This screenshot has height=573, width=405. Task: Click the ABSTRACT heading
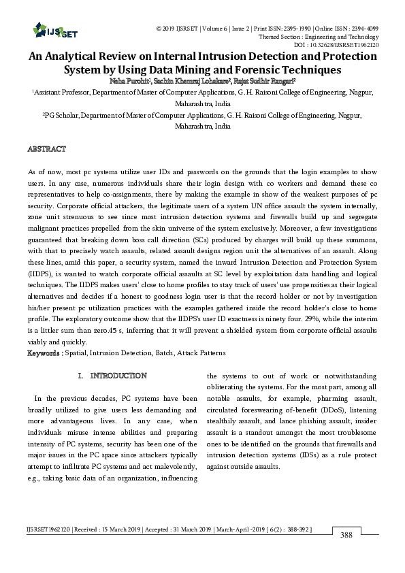[46, 148]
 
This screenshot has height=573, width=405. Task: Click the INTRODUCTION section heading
[118, 376]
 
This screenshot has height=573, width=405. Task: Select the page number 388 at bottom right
[346, 536]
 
